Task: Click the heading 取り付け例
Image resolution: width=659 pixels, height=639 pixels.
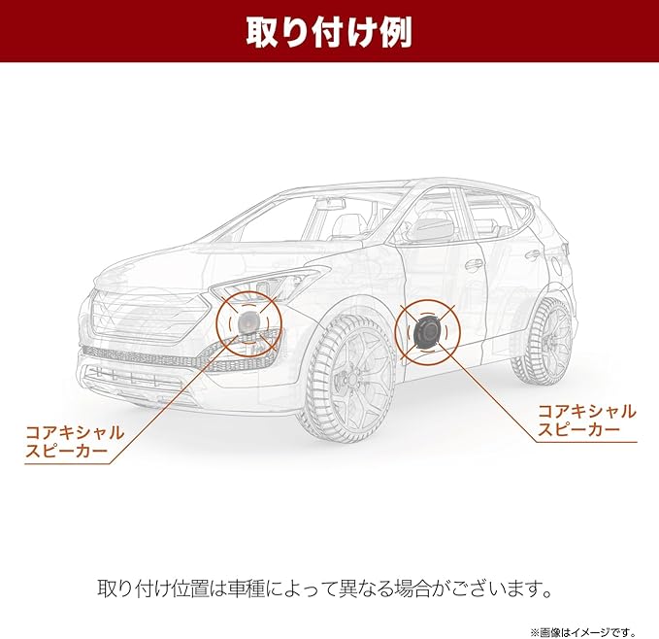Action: pos(329,32)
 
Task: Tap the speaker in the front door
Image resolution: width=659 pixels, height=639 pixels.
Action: pos(425,331)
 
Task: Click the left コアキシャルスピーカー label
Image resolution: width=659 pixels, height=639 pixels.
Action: pos(76,442)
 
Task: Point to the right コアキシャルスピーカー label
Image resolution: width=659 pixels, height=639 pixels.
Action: pos(587,420)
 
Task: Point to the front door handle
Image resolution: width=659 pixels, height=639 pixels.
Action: pos(475,263)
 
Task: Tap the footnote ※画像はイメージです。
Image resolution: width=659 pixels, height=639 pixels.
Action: pos(590,626)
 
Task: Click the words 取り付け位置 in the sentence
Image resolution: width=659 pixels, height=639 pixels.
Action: pos(159,589)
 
